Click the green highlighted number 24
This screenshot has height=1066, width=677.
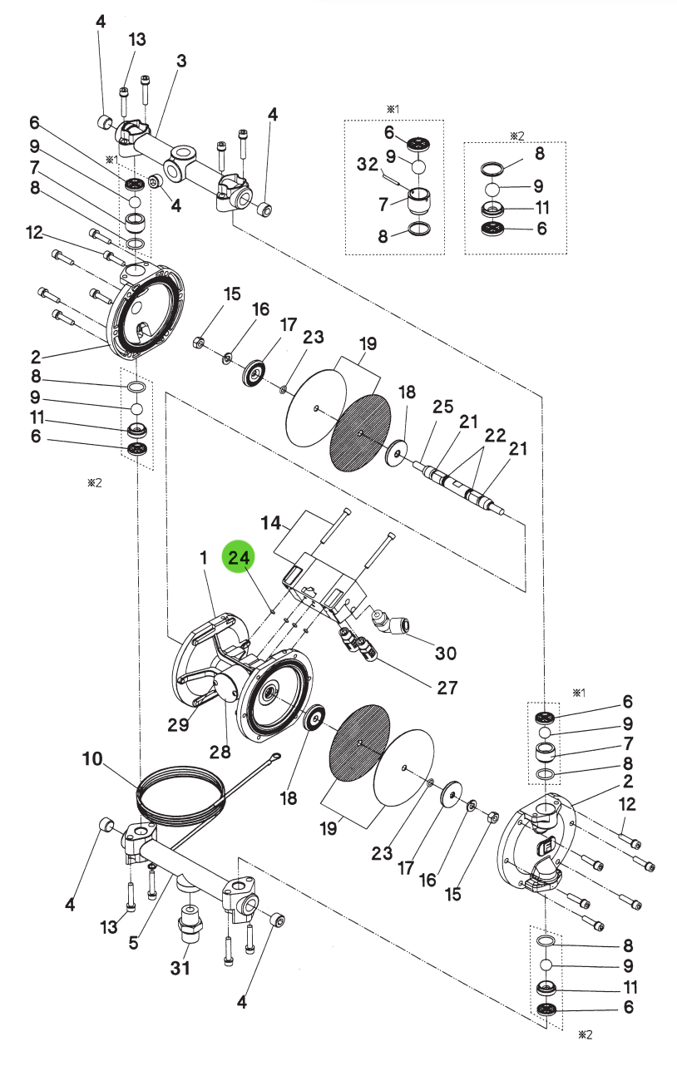(x=239, y=557)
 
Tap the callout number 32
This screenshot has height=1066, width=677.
(x=368, y=164)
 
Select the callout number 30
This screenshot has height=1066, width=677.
(x=446, y=653)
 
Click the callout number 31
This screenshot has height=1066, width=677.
(x=180, y=968)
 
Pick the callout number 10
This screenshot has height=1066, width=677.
(x=92, y=758)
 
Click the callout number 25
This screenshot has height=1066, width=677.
(x=442, y=407)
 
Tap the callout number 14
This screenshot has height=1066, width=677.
(x=271, y=523)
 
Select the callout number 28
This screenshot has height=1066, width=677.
(x=220, y=752)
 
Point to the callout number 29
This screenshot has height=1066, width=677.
(x=178, y=724)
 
